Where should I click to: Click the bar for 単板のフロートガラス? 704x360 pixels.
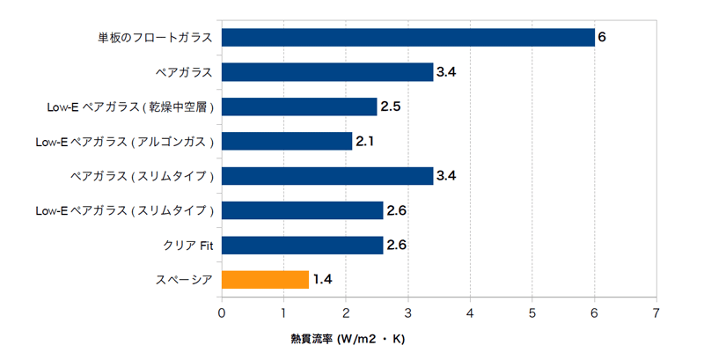407,38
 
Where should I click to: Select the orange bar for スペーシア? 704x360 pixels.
265,280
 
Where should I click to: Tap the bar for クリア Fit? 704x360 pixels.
302,246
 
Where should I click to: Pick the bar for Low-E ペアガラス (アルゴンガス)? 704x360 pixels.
287,142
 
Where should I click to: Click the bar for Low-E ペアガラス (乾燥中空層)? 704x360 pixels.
299,107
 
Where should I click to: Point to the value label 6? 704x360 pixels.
602,38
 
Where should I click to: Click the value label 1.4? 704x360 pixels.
322,280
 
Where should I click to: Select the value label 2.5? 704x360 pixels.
391,107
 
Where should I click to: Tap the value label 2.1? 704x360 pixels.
366,142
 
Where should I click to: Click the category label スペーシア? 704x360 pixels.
185,280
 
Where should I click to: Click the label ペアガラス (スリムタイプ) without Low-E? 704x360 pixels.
143,176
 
